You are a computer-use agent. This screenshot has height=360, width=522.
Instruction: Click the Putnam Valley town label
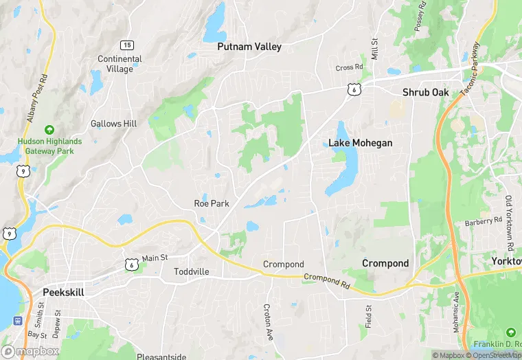tap(249, 47)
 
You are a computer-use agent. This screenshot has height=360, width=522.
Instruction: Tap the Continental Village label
tap(120, 64)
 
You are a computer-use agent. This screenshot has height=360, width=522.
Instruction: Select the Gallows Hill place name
tap(113, 124)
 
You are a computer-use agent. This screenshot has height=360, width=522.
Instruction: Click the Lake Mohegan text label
tap(360, 143)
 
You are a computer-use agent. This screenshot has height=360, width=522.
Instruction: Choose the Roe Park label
tap(212, 203)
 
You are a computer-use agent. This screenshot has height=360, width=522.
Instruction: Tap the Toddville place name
tap(191, 271)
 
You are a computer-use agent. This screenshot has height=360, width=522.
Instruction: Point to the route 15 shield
tap(127, 45)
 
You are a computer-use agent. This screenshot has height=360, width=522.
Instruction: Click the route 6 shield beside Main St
tap(130, 263)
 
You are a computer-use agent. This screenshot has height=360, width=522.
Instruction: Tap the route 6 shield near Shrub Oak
tap(352, 89)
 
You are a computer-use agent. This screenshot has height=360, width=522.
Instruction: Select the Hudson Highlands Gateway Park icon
tap(49, 129)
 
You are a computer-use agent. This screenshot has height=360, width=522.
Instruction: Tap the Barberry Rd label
tap(483, 221)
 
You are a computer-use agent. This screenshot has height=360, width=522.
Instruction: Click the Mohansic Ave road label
tap(455, 313)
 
